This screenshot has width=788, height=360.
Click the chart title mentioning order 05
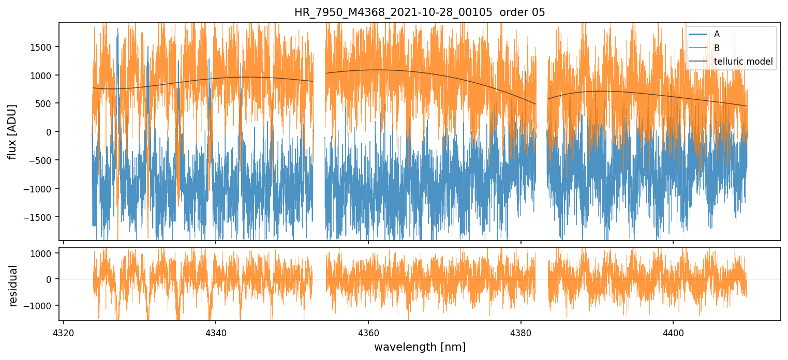pos(420,12)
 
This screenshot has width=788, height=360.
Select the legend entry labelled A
pos(717,34)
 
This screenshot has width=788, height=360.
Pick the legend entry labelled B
pos(717,48)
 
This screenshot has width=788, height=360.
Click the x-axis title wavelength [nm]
pos(420,347)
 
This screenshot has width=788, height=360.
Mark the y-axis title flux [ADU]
pos(12,131)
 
